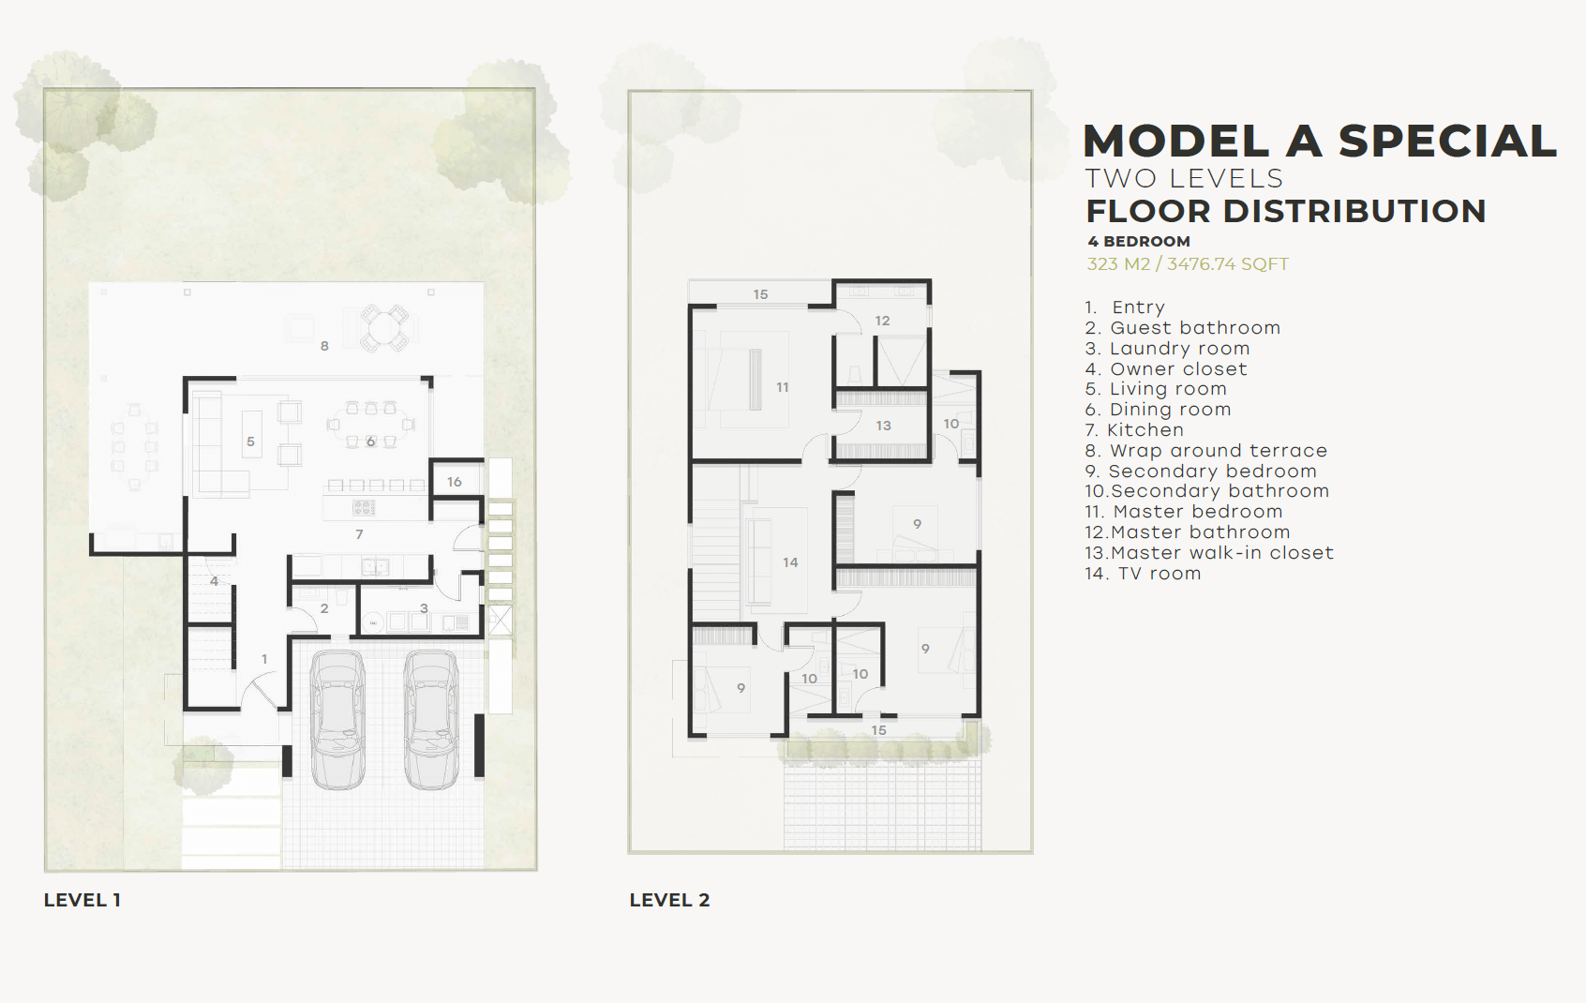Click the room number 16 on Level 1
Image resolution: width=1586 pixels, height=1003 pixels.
click(x=455, y=482)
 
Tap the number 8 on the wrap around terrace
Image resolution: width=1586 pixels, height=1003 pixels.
click(x=324, y=346)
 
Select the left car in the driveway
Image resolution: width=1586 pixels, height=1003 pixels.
click(x=337, y=720)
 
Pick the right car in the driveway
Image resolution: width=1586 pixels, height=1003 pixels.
click(x=430, y=720)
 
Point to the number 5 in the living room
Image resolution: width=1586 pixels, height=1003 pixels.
click(x=250, y=442)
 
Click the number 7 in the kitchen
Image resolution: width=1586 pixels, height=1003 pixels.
click(x=359, y=534)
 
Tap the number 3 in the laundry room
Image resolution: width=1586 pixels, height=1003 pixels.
click(x=424, y=608)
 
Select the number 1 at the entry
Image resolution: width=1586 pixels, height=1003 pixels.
click(x=265, y=659)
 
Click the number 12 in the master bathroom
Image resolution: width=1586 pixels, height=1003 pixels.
click(x=882, y=321)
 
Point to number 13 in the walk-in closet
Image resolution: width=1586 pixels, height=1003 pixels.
click(x=884, y=426)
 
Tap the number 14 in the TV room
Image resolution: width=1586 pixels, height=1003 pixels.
click(x=790, y=562)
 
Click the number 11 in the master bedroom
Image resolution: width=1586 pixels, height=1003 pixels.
click(x=783, y=387)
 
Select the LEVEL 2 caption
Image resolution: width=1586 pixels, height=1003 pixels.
click(x=669, y=900)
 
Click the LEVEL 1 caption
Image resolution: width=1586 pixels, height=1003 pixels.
click(x=82, y=900)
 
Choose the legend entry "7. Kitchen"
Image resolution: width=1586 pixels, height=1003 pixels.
click(x=1135, y=430)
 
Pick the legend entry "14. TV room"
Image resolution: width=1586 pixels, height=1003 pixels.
click(x=1143, y=574)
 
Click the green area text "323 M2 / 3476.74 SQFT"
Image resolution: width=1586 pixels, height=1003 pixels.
click(x=1188, y=264)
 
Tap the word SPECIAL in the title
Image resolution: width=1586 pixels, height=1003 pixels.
click(x=1447, y=141)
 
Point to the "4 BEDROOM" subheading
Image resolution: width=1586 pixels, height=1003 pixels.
click(x=1139, y=241)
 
